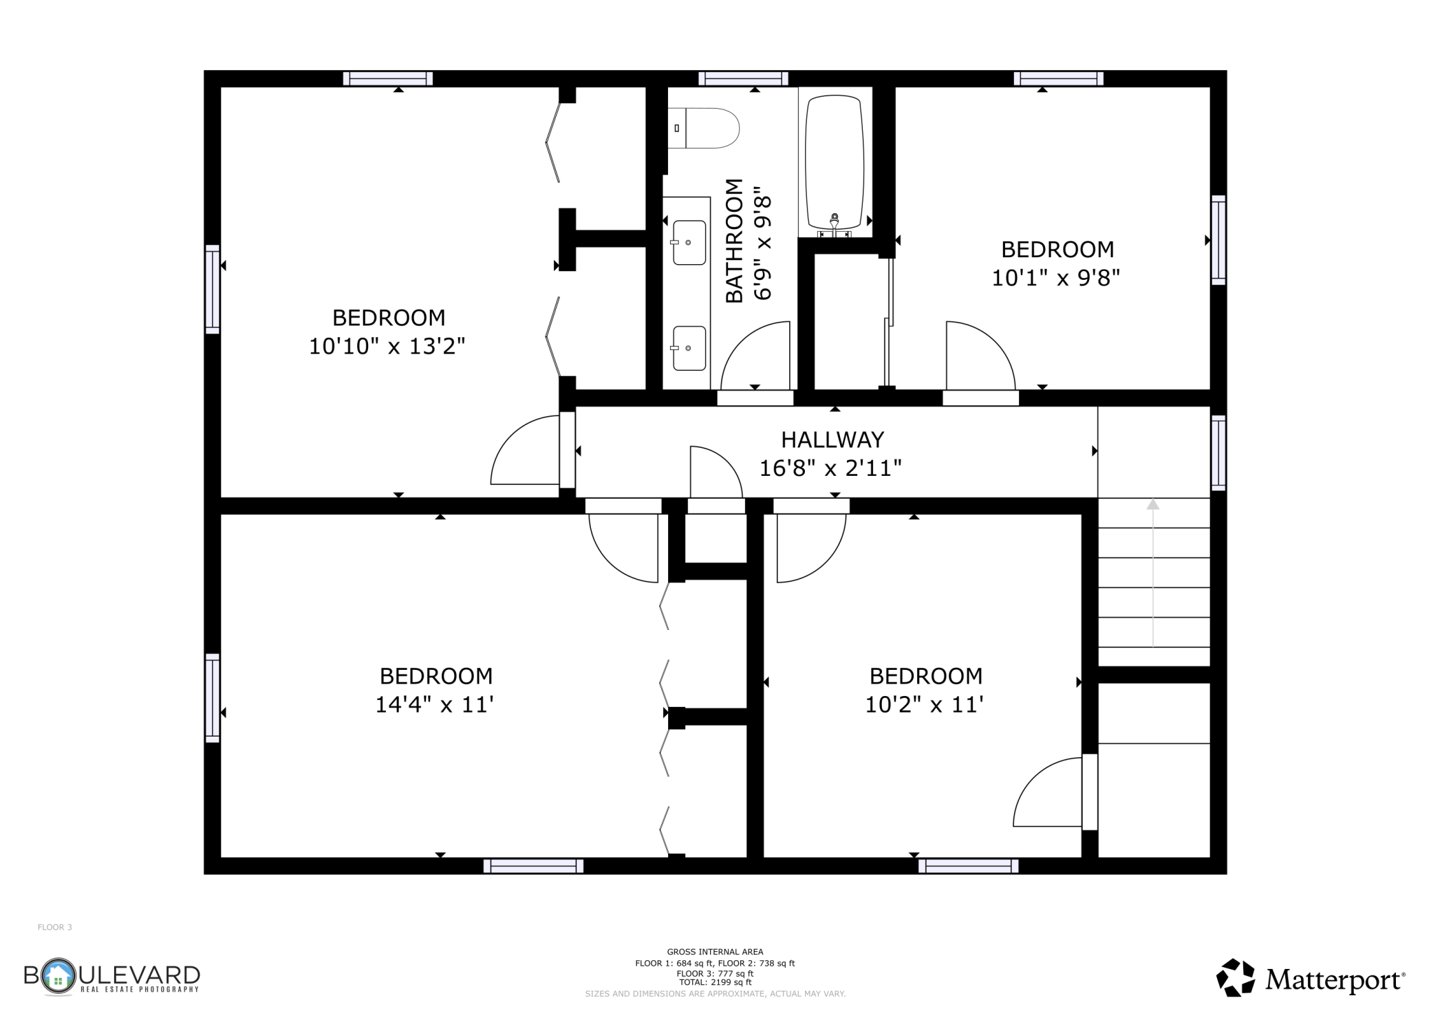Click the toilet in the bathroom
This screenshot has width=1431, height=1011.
pyautogui.click(x=703, y=128)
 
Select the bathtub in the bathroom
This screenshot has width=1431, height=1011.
pyautogui.click(x=835, y=162)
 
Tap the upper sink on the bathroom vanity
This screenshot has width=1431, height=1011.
pyautogui.click(x=689, y=242)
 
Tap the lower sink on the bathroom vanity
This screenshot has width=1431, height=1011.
pyautogui.click(x=689, y=348)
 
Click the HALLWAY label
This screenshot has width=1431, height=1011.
pyautogui.click(x=832, y=439)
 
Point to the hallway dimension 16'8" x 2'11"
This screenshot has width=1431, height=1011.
pyautogui.click(x=830, y=468)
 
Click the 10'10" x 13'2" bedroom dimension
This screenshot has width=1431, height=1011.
pyautogui.click(x=387, y=346)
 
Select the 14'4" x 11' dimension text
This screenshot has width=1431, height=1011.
pyautogui.click(x=435, y=705)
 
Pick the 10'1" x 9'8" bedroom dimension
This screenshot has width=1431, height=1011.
pyautogui.click(x=1055, y=278)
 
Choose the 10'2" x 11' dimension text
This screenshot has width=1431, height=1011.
pyautogui.click(x=924, y=705)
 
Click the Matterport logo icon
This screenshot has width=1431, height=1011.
pyautogui.click(x=1236, y=977)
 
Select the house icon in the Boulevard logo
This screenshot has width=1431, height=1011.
pyautogui.click(x=58, y=975)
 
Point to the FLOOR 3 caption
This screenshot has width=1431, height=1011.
pyautogui.click(x=54, y=927)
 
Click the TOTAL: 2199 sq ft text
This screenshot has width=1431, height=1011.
pyautogui.click(x=715, y=982)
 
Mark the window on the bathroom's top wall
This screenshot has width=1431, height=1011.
pyautogui.click(x=743, y=78)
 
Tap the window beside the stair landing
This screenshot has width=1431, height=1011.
pyautogui.click(x=1218, y=453)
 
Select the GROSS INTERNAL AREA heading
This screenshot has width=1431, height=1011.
pyautogui.click(x=715, y=952)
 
